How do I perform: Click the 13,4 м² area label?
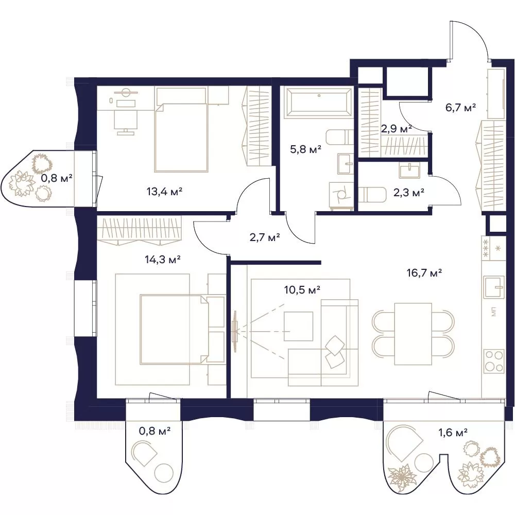click(164, 191)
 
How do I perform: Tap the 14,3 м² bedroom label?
click(163, 260)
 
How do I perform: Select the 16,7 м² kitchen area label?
click(424, 272)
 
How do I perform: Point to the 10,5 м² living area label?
click(302, 289)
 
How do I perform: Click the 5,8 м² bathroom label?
click(305, 149)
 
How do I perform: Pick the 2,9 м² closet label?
click(397, 129)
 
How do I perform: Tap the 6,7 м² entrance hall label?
click(461, 108)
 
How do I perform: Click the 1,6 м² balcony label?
click(453, 433)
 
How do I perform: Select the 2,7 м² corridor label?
click(265, 237)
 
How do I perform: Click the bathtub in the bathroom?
click(317, 101)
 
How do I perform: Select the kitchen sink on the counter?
click(494, 287)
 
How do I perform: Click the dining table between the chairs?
click(413, 334)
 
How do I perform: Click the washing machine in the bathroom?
click(341, 196)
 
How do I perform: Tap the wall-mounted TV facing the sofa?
click(235, 331)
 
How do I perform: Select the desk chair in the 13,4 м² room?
click(126, 122)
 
